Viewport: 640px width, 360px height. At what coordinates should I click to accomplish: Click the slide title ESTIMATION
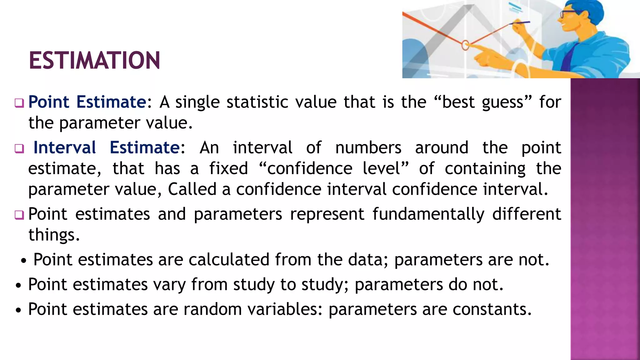click(94, 60)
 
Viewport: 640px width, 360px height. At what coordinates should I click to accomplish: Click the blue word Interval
click(65, 147)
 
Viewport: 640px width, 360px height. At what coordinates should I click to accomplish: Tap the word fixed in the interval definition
click(228, 168)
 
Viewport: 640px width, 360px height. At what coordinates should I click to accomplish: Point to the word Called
click(192, 189)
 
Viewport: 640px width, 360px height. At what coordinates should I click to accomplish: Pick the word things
click(54, 235)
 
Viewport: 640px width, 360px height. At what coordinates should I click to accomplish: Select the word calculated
click(229, 260)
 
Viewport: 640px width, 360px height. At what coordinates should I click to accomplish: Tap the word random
click(212, 309)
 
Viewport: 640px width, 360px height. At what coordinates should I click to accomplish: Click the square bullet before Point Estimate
click(19, 103)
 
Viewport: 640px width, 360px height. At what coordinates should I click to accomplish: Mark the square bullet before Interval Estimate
click(19, 149)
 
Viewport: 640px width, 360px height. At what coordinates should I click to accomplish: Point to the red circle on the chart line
click(465, 45)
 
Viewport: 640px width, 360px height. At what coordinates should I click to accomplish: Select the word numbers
click(368, 147)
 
